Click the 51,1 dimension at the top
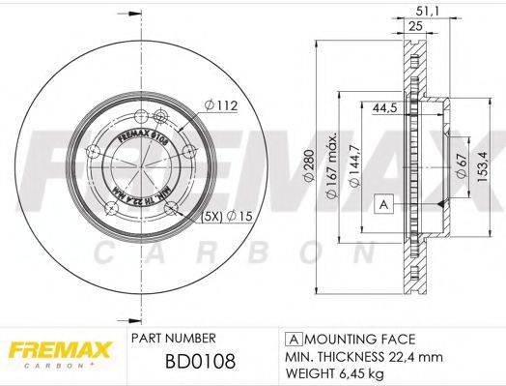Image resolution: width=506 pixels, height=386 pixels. (x=422, y=13)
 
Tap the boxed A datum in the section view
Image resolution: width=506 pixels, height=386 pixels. (x=383, y=203)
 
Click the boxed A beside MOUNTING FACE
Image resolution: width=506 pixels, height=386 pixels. (x=291, y=340)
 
